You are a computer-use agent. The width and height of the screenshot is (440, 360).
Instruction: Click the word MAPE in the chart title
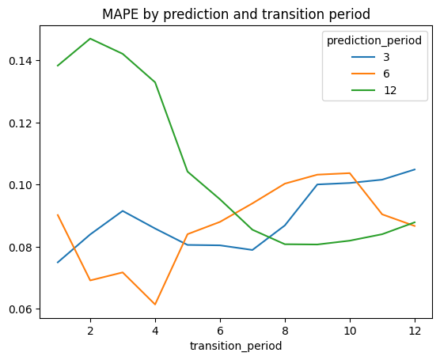[120, 14]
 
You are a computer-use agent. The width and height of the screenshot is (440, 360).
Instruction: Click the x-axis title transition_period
[236, 346]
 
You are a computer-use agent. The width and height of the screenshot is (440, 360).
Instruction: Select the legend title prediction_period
[374, 41]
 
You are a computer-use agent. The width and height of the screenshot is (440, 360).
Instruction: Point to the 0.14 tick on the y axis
[21, 61]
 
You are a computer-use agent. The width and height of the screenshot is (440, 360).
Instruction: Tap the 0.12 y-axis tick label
[21, 123]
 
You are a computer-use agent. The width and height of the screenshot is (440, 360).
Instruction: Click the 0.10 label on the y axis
[21, 185]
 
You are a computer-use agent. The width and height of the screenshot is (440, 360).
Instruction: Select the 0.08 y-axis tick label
[21, 247]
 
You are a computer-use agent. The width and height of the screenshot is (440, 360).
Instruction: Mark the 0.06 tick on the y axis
[21, 309]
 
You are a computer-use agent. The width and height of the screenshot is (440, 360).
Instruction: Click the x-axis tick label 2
[90, 331]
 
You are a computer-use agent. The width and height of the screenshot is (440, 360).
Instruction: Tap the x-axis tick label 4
[155, 331]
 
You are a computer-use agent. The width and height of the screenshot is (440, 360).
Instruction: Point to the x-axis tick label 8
[285, 331]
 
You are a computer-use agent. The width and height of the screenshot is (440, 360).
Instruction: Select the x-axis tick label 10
[350, 331]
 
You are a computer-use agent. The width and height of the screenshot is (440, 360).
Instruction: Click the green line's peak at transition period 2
[90, 39]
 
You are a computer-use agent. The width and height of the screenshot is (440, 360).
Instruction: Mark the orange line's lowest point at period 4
[155, 305]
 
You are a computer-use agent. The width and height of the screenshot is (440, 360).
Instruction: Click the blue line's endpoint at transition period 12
[415, 169]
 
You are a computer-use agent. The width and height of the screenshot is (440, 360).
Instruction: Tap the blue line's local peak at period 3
[123, 210]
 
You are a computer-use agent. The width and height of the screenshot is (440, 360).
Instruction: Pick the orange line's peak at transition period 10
[350, 173]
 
